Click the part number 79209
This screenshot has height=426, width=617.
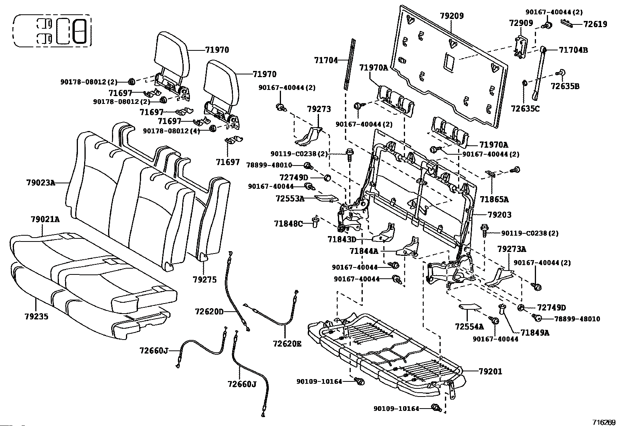coord(452,16)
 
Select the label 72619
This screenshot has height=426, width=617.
coord(595,24)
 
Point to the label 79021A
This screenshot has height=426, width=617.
coord(45,219)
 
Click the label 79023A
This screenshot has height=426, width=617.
coord(41,182)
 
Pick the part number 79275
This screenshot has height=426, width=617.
coord(204,280)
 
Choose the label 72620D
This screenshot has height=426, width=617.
coord(209,311)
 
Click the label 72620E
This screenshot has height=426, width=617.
coord(287,343)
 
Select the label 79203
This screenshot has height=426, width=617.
coord(500,214)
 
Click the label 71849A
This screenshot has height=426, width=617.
coord(535,332)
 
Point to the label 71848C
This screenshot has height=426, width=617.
coord(288,224)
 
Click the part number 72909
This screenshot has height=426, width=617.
coord(521,24)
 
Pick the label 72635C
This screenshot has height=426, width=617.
coord(525,109)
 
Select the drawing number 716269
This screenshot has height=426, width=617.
coord(603,422)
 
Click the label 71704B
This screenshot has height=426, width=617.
coord(573,50)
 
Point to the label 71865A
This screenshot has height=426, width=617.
coord(494,200)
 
